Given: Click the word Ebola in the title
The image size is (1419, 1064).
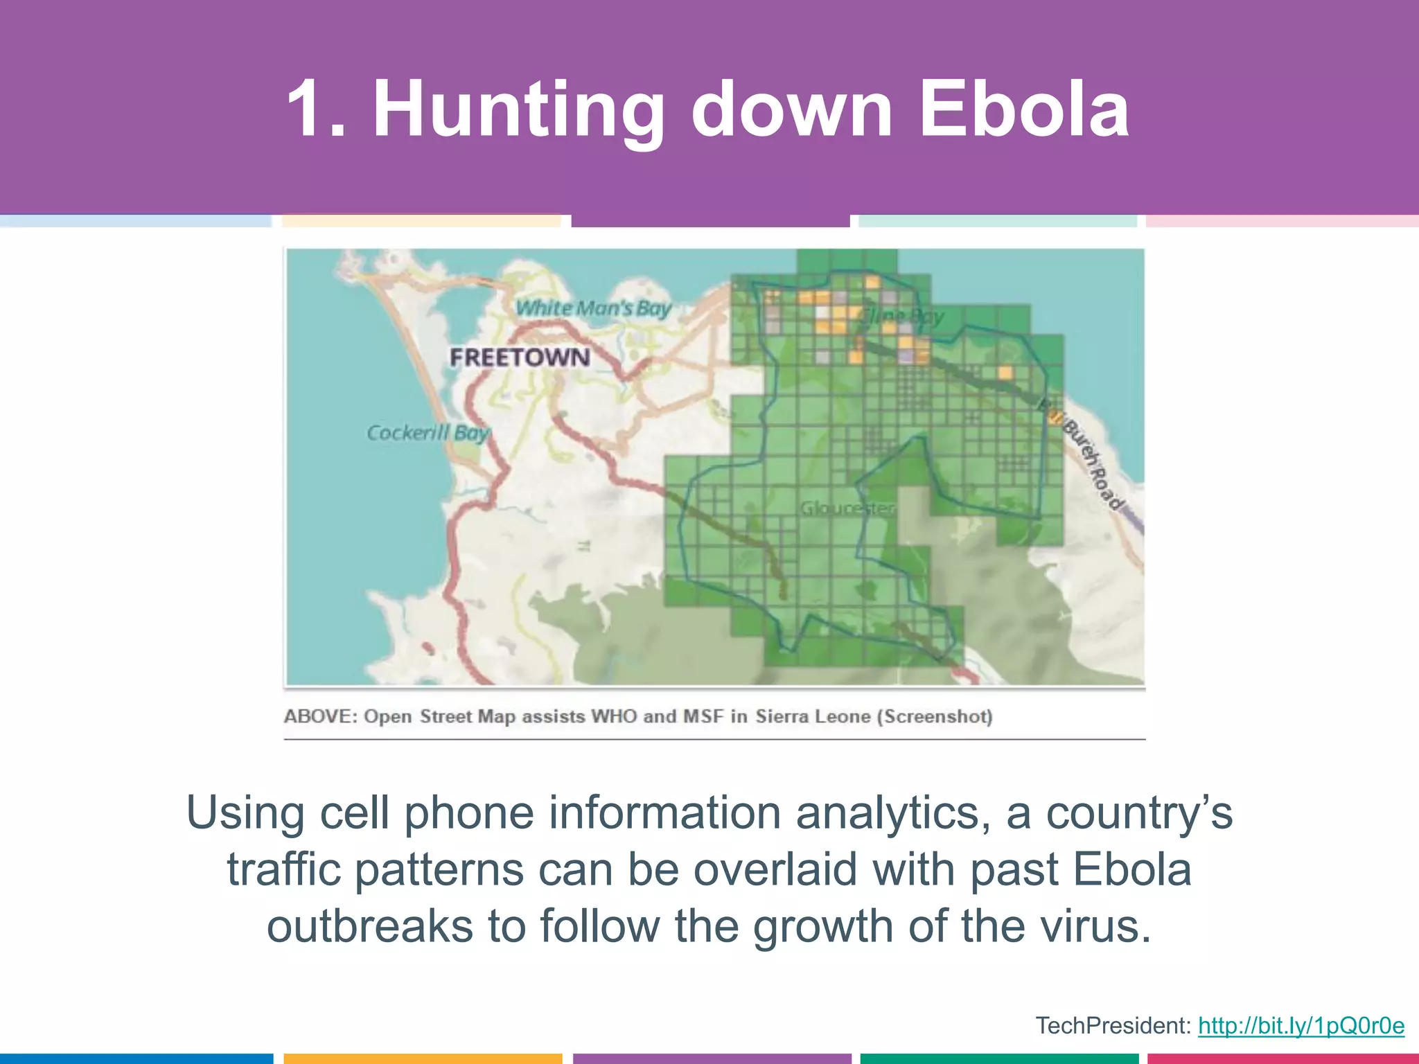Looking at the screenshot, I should [1024, 109].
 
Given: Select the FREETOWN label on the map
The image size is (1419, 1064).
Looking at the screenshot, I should [520, 357].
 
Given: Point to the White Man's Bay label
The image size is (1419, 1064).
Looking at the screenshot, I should [594, 308].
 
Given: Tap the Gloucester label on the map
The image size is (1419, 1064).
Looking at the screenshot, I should [847, 508].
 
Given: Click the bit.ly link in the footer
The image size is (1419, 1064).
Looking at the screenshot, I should [1301, 1025].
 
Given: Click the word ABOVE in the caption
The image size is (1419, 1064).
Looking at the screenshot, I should [320, 716].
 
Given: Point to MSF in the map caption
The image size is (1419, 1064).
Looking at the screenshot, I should [703, 716].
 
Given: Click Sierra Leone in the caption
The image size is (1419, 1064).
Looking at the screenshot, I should [813, 716].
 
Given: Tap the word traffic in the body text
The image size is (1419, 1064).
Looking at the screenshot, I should [283, 869].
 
